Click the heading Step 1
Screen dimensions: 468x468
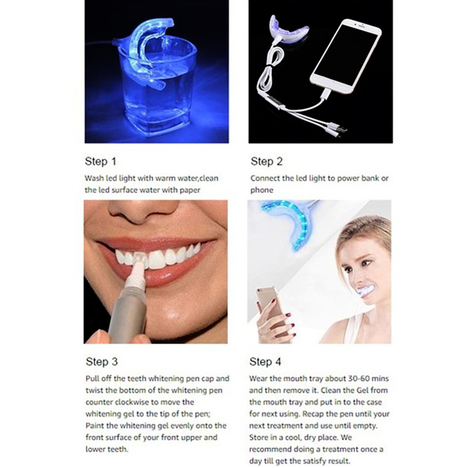pos(101,161)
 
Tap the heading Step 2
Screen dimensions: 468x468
pos(266,161)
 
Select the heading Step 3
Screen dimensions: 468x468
pos(102,362)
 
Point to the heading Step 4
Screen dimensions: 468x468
pos(266,362)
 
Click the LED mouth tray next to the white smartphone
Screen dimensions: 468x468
pos(288,30)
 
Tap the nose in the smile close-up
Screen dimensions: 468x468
pos(143,210)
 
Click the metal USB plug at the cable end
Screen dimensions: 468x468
pos(343,130)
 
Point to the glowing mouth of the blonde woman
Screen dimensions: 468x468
pos(366,290)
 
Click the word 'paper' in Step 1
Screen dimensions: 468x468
pos(190,190)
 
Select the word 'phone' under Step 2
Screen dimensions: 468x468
pos(262,190)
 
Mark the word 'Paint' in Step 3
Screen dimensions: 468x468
pos(94,425)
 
